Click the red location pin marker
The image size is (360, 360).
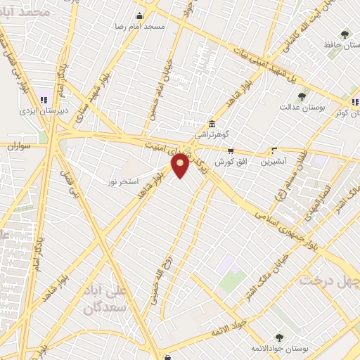pos(181,166)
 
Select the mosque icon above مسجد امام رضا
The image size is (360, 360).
pos(139,15)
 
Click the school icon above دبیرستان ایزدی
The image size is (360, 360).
pos(43,101)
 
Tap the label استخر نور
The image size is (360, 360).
pos(120,181)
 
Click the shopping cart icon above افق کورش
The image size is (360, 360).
pos(230,150)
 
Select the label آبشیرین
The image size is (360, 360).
pos(274,162)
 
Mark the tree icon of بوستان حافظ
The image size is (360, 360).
pos(345,34)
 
